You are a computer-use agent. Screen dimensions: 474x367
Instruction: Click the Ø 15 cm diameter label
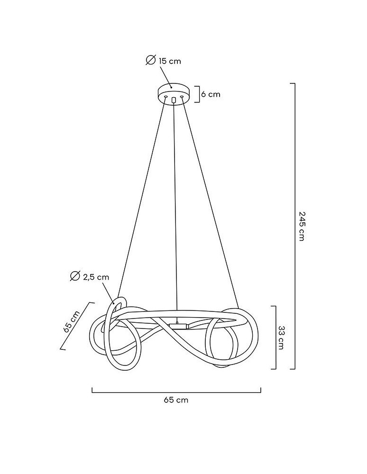click(x=164, y=61)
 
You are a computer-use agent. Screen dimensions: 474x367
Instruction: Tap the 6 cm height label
click(x=211, y=94)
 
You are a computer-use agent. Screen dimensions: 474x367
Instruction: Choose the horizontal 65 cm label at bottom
click(x=176, y=400)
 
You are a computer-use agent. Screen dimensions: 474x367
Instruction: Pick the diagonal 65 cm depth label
click(x=71, y=322)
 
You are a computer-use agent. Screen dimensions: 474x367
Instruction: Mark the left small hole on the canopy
click(x=165, y=97)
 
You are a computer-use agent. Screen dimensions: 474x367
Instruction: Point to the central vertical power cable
click(x=174, y=213)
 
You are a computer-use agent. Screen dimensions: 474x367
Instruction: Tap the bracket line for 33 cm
click(x=275, y=337)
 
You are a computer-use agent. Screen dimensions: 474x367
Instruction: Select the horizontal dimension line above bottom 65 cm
click(x=176, y=392)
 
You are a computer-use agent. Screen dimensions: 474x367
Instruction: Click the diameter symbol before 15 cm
click(x=151, y=60)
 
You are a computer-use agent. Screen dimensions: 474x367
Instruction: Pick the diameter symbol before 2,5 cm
click(x=74, y=277)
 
